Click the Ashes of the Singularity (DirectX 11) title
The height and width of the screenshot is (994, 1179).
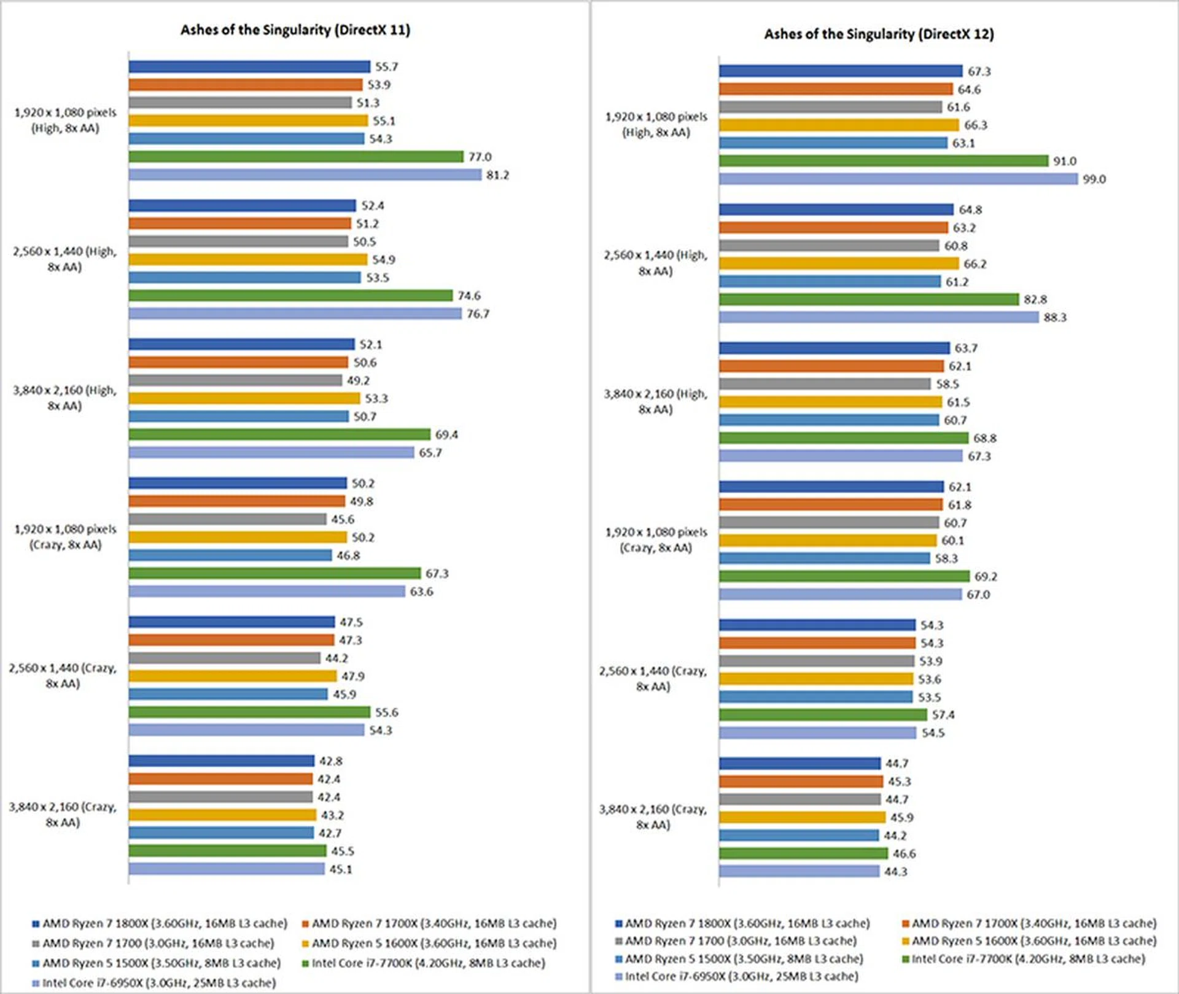[x=295, y=30]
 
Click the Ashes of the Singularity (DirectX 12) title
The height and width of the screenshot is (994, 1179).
[x=879, y=34]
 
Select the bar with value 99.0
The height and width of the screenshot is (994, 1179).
[x=898, y=179]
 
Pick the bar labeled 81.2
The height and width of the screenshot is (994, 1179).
[x=305, y=175]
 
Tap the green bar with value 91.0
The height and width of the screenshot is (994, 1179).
[x=883, y=161]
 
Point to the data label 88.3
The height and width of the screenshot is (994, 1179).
[x=1055, y=318]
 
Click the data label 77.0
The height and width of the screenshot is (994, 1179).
[x=480, y=157]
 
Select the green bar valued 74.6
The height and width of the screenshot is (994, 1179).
[x=290, y=295]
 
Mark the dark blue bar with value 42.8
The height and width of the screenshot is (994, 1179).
[x=221, y=761]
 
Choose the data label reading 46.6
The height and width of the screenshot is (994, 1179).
[x=904, y=854]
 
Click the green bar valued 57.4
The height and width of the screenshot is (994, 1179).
[x=823, y=715]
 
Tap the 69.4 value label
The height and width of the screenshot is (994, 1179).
[x=446, y=435]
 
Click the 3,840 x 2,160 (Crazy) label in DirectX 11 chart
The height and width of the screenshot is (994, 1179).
[x=63, y=815]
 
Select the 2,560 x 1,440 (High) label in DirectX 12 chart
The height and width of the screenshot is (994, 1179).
[x=655, y=263]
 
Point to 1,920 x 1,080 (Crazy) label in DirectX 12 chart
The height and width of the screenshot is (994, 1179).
[x=656, y=540]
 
